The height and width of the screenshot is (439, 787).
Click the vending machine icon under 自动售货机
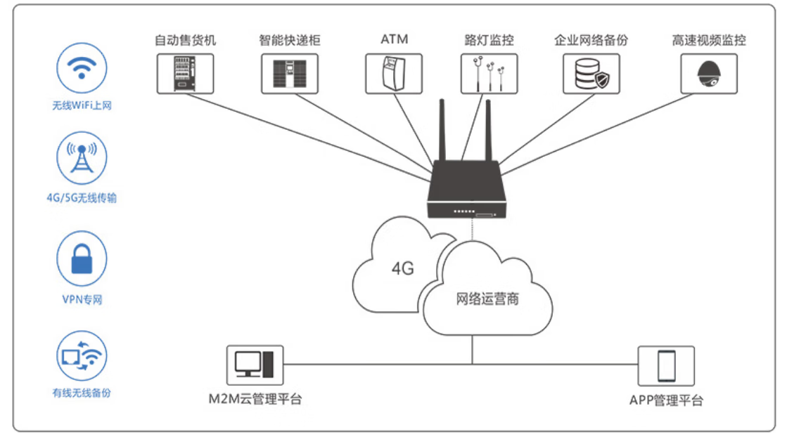point(184,73)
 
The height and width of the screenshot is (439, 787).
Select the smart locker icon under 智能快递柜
point(289,73)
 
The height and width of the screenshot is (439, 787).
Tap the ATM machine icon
point(393,73)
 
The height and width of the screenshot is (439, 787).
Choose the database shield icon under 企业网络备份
point(591,73)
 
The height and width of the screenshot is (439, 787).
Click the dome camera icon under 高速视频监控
point(708,73)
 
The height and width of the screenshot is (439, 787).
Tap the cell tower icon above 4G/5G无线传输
point(82,160)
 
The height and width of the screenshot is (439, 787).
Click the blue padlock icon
point(82,258)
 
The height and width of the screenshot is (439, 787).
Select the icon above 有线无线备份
point(82,356)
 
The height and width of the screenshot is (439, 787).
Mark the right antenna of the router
point(487,130)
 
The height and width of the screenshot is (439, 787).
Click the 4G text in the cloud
point(402,268)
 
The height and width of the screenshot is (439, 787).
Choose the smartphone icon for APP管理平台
point(665,365)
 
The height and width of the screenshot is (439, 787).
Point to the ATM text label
point(394,39)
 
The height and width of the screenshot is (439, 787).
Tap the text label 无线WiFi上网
point(82,106)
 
